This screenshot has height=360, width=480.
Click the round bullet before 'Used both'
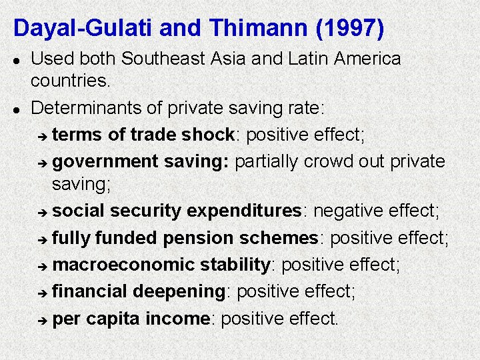[18, 59]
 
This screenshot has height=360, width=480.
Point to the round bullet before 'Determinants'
[18, 107]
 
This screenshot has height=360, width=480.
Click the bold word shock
[209, 135]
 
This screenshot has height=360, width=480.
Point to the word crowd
[339, 161]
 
